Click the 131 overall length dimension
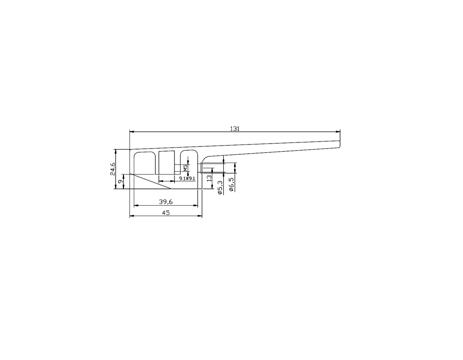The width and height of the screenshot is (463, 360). [x=235, y=129]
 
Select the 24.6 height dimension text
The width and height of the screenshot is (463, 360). [x=113, y=169]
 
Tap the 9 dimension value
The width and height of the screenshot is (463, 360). [x=120, y=182]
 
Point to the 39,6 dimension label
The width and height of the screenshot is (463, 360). [x=166, y=202]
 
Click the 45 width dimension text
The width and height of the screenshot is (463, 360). [x=166, y=212]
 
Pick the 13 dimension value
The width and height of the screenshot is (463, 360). [x=209, y=178]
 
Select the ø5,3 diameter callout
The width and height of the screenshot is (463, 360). [x=220, y=188]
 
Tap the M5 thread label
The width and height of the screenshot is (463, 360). [x=185, y=168]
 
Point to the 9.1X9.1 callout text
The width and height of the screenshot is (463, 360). [x=187, y=178]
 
